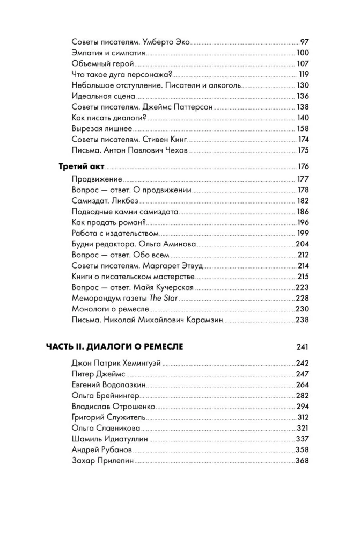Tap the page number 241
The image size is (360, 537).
(303, 347)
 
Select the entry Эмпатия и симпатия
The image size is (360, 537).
(108, 53)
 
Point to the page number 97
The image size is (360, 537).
(305, 41)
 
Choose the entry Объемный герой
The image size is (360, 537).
(98, 63)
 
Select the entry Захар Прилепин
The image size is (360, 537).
(102, 461)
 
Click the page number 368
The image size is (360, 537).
(303, 461)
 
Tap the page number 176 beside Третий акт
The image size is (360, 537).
(303, 166)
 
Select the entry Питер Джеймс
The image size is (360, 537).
(98, 374)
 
